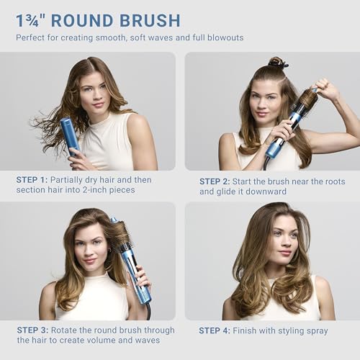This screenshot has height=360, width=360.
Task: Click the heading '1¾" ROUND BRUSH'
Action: (x=98, y=19)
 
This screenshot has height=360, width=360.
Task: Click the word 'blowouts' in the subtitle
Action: (x=223, y=37)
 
